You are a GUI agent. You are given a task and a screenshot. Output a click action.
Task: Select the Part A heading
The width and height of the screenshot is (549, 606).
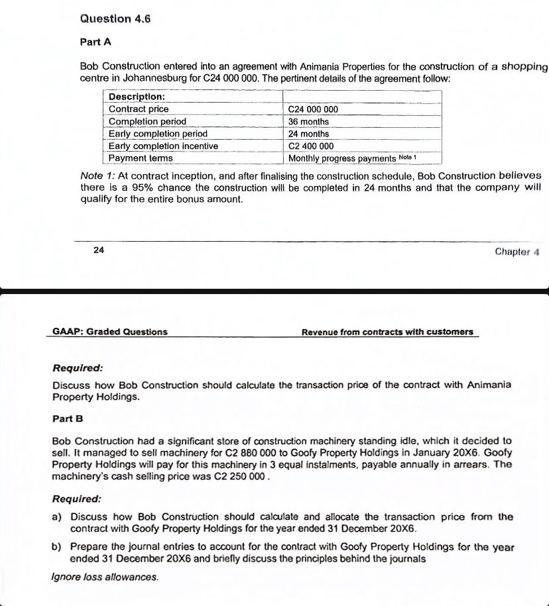[95, 42]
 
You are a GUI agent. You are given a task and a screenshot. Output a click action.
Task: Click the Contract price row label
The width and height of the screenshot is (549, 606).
[139, 109]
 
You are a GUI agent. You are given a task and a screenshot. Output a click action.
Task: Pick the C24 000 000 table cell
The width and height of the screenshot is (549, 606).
[313, 109]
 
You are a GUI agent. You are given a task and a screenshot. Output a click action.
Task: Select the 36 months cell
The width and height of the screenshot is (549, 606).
[308, 122]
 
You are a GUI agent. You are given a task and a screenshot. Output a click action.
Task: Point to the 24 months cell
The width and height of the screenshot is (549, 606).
[308, 134]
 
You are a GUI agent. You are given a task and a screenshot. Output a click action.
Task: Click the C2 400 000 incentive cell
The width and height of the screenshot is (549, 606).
[311, 146]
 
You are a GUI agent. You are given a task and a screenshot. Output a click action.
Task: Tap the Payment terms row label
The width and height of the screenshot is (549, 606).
[141, 158]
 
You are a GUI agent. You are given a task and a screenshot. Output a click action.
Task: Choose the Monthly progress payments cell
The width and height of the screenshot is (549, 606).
[342, 158]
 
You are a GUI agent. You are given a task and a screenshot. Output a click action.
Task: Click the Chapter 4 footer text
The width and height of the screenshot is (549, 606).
[518, 252]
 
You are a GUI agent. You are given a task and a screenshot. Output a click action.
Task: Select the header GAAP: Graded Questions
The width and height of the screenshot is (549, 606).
[110, 332]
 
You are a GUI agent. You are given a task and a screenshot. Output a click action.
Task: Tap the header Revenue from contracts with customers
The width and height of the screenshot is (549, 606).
[387, 332]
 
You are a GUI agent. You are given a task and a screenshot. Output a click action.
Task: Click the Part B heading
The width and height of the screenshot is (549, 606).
[68, 419]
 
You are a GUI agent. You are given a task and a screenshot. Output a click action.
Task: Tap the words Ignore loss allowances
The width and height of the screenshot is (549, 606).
[105, 577]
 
